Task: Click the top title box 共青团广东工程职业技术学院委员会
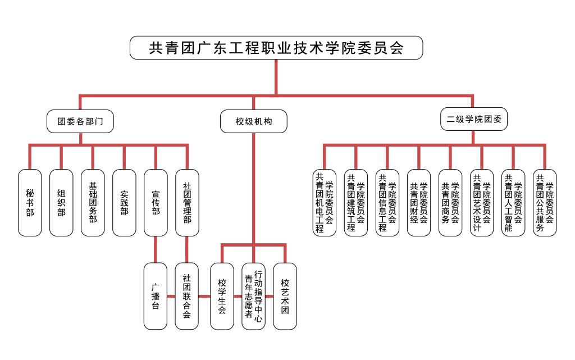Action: (276, 48)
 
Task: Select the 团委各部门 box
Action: (80, 121)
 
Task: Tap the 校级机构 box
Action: (254, 121)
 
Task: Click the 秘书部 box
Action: (30, 203)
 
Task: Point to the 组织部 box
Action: (61, 203)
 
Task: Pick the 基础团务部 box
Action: (93, 203)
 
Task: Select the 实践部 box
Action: (124, 203)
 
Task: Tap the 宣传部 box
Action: (156, 203)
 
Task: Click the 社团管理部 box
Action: (187, 203)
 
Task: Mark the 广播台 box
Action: (156, 296)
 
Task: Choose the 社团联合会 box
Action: (187, 296)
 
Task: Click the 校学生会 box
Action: (222, 296)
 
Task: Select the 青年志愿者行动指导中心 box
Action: (253, 296)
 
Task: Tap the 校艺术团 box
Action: (285, 296)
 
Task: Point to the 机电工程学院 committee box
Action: (324, 203)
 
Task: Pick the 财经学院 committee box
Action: (419, 203)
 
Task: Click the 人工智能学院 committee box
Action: (513, 203)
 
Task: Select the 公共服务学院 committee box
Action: (545, 203)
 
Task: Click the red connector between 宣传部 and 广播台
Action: (156, 249)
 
